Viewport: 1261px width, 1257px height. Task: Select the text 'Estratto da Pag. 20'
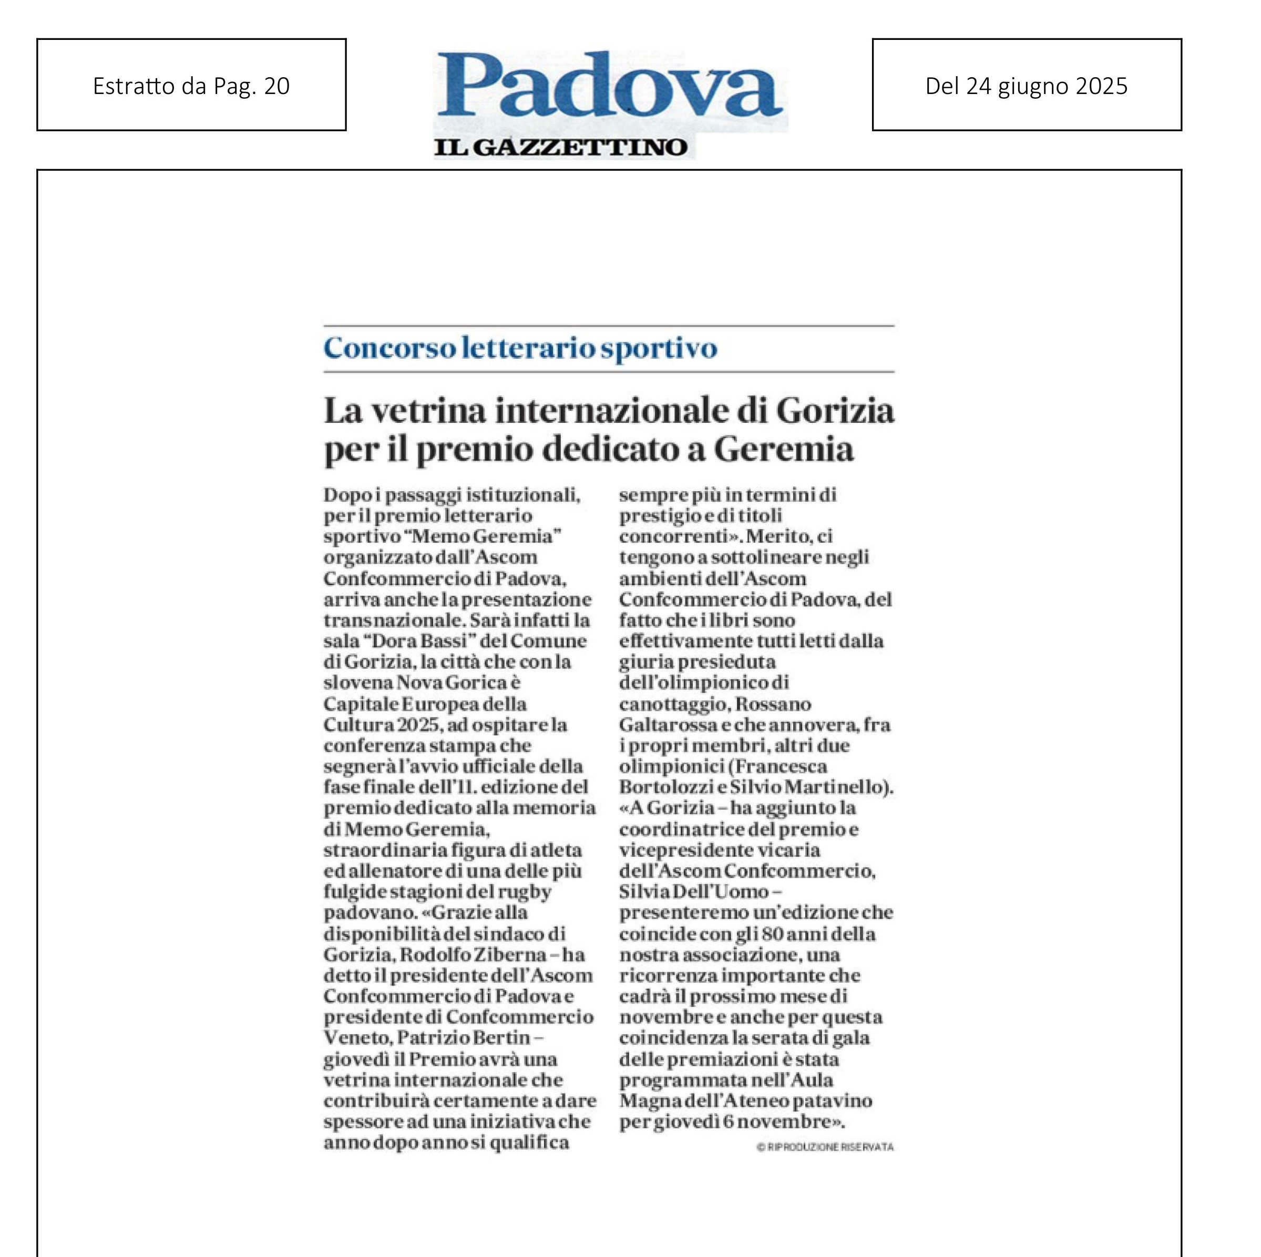coord(191,86)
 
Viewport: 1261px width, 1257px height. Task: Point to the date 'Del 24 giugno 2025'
coord(1026,86)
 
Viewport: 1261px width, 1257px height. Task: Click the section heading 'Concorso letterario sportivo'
coord(520,348)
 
